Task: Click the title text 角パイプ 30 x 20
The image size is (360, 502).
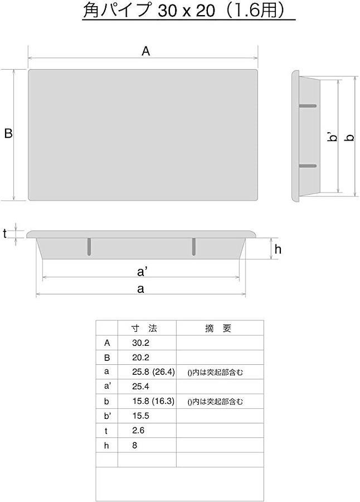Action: click(x=149, y=10)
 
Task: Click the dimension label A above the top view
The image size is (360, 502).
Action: click(x=145, y=51)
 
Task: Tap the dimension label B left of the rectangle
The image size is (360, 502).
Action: click(x=8, y=133)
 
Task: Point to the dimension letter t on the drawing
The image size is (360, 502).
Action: click(x=5, y=234)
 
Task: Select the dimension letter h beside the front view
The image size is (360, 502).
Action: click(x=278, y=249)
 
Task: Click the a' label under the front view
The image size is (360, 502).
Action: click(x=142, y=272)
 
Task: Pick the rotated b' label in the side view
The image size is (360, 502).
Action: click(x=333, y=137)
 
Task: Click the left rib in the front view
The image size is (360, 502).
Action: click(x=89, y=247)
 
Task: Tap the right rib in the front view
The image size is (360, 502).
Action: click(x=194, y=247)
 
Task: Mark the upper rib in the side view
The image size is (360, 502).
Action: click(x=308, y=105)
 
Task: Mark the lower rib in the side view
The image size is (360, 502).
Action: click(x=308, y=166)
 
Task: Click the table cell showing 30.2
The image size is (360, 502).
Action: click(x=140, y=343)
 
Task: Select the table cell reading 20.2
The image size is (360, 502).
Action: click(x=140, y=358)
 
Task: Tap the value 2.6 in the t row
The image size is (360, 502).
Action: click(x=138, y=430)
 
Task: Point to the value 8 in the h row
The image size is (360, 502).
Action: click(x=135, y=445)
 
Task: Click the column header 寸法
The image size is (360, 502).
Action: click(x=144, y=328)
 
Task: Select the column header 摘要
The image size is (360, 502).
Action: click(x=218, y=328)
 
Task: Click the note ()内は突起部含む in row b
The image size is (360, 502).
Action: click(x=215, y=402)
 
